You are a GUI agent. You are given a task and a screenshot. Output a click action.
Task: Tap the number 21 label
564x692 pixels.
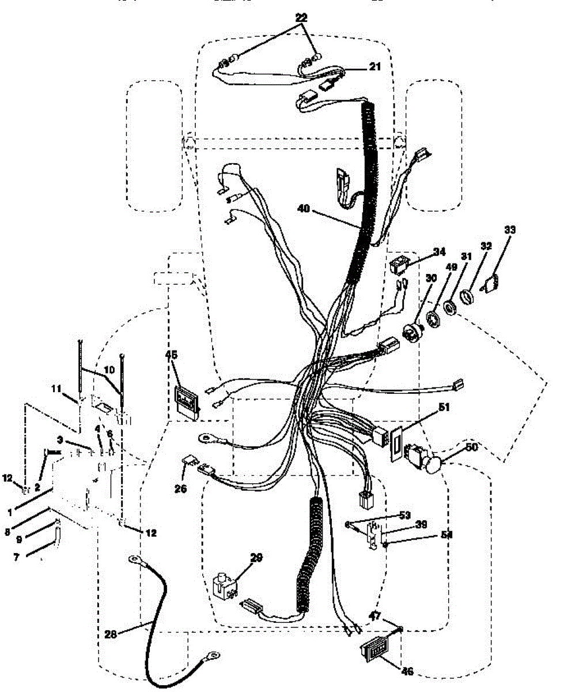375,67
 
